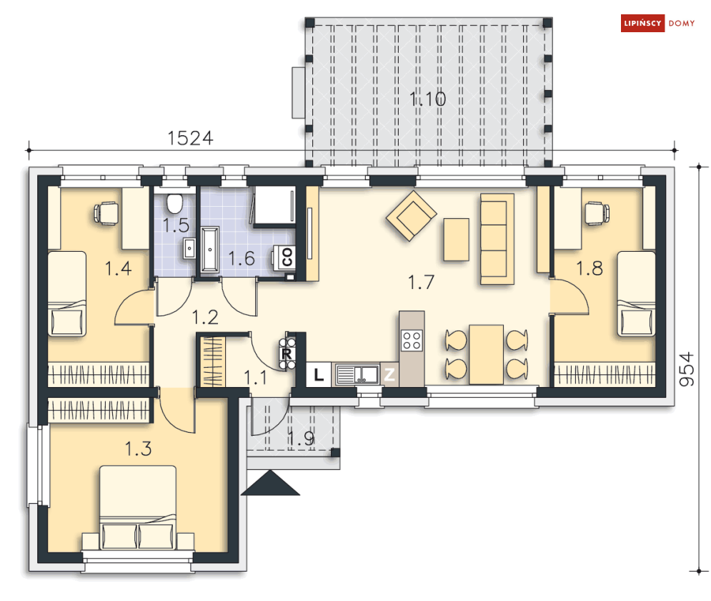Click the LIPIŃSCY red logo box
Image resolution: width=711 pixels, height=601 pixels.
click(642, 23)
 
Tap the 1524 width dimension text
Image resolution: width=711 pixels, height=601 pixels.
click(191, 139)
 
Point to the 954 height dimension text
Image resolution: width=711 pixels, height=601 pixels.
click(687, 369)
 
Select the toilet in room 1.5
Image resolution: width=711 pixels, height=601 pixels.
click(174, 203)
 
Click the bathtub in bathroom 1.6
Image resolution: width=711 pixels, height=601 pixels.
click(210, 250)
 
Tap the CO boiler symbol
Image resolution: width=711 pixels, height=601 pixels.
click(287, 257)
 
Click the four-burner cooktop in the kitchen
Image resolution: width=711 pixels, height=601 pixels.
click(412, 341)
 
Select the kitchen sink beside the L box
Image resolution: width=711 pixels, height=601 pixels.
click(357, 375)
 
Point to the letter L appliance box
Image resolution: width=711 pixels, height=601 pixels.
click(318, 375)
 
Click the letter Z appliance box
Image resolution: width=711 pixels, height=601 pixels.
click(389, 375)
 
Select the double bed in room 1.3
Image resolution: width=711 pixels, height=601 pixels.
click(138, 507)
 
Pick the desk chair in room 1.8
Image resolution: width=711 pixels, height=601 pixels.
click(597, 213)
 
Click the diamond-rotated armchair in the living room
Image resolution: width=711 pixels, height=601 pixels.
click(412, 215)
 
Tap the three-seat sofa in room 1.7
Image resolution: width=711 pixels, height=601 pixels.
click(497, 239)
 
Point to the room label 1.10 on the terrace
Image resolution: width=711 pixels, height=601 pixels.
click(427, 99)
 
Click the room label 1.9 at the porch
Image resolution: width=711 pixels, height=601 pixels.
click(301, 438)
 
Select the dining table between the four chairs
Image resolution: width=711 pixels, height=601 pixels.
click(486, 354)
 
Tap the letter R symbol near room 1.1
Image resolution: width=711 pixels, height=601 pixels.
click(286, 353)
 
